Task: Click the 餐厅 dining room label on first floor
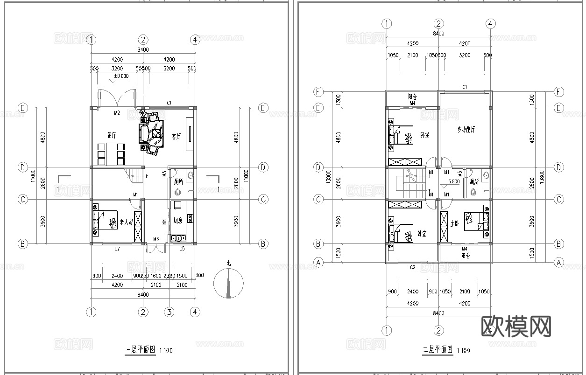click(x=111, y=135)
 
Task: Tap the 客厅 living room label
click(x=176, y=136)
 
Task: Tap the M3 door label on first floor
click(x=156, y=239)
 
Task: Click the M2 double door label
click(x=117, y=113)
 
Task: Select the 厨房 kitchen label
click(x=178, y=220)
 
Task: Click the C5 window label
click(x=182, y=249)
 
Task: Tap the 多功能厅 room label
click(x=466, y=129)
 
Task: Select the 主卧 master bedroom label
click(x=455, y=223)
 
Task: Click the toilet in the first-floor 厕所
click(x=177, y=192)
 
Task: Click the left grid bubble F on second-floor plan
click(x=319, y=91)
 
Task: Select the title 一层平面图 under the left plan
click(x=140, y=350)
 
